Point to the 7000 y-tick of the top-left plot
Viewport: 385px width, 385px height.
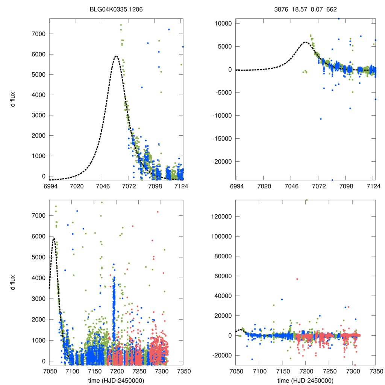(x=37, y=34)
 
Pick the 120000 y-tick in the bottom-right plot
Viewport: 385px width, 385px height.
(x=221, y=217)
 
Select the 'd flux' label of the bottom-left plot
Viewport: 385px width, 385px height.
(x=13, y=282)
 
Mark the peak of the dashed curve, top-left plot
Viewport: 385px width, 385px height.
(x=116, y=56)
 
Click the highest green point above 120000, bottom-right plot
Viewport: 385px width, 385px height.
(x=306, y=200)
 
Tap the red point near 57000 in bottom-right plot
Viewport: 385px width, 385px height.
(x=297, y=279)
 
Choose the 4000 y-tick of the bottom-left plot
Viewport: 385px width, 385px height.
(x=37, y=278)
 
